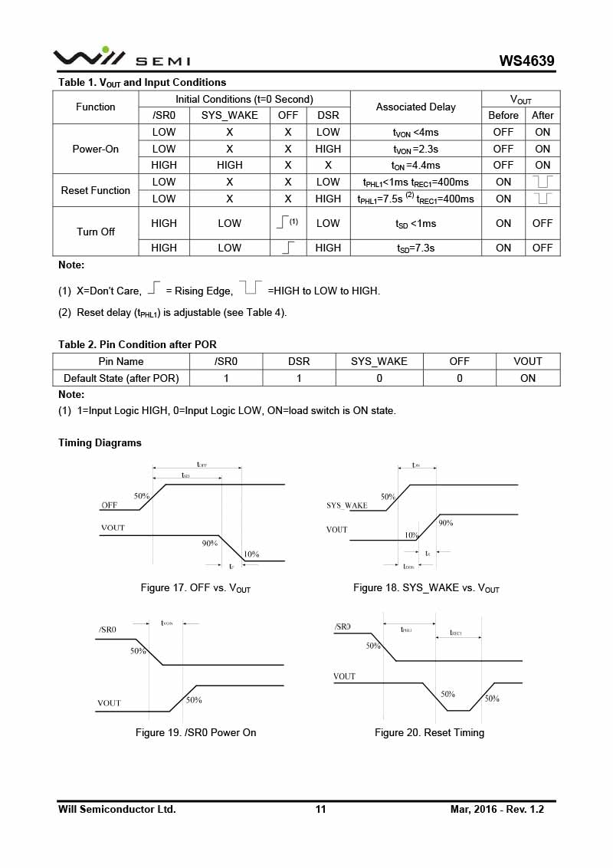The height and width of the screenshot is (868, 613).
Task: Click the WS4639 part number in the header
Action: tap(526, 61)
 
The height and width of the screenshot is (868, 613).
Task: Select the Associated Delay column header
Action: tap(415, 107)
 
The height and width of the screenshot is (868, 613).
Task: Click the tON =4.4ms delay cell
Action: tap(415, 165)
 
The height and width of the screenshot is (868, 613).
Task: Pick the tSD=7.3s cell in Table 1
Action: tap(415, 248)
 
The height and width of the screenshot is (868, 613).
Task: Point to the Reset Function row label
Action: tap(96, 190)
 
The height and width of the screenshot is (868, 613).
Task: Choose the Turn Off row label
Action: tap(96, 232)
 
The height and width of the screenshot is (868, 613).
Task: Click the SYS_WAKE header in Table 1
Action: tap(229, 116)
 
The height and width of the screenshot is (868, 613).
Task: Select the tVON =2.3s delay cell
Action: tap(415, 149)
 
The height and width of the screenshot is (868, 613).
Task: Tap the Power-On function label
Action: tap(96, 149)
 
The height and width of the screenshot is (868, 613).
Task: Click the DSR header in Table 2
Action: tap(299, 361)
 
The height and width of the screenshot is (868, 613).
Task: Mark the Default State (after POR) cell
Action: tap(121, 378)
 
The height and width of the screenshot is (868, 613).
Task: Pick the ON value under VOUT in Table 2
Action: tap(528, 378)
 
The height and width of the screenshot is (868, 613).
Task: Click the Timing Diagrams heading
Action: tap(100, 443)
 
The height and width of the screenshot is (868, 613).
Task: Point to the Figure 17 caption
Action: tap(195, 588)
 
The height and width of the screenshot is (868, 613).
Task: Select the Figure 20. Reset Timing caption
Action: tap(429, 733)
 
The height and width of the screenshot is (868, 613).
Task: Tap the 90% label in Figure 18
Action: tap(445, 523)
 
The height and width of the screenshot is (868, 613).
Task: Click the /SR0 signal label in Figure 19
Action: tap(107, 630)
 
